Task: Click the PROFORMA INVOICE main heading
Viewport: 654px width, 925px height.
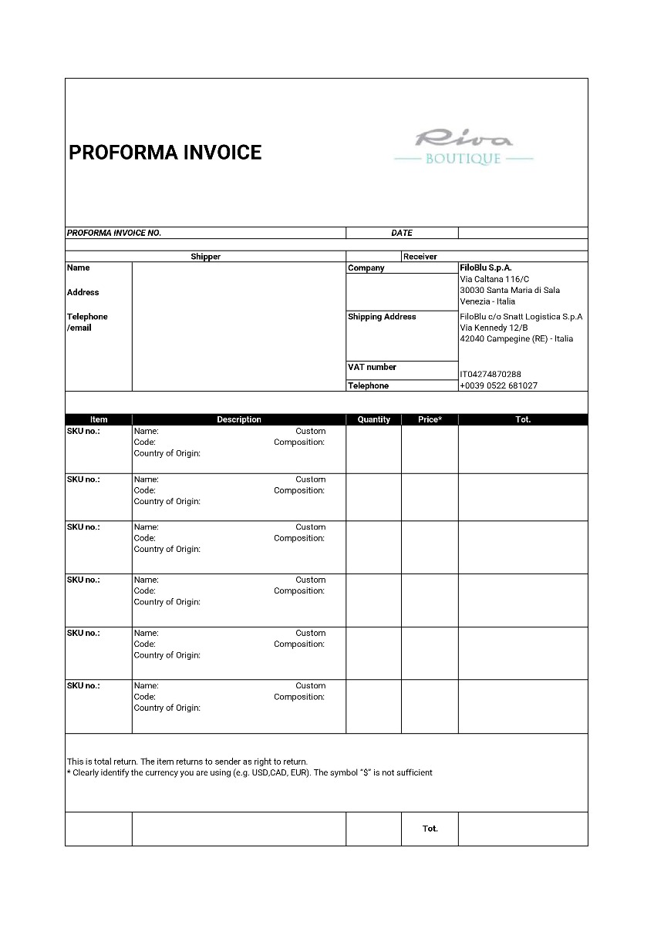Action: click(x=165, y=153)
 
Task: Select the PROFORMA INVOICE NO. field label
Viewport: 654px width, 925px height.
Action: click(x=114, y=233)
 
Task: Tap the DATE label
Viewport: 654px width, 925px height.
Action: click(x=402, y=233)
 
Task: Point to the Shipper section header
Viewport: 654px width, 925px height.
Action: click(x=205, y=257)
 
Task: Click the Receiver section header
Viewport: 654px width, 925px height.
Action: click(x=420, y=257)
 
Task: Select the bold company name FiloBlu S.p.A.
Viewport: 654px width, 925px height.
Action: click(x=486, y=267)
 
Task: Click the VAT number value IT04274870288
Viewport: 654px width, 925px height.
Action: click(x=490, y=375)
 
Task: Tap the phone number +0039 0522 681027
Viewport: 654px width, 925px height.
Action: click(x=498, y=385)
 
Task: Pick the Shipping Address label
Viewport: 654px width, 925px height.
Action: click(x=382, y=317)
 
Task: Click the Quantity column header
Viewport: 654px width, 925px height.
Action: click(x=374, y=420)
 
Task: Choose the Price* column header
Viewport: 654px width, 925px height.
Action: click(x=430, y=420)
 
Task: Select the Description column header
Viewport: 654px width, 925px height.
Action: click(x=239, y=420)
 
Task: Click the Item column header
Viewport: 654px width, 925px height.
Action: click(x=99, y=420)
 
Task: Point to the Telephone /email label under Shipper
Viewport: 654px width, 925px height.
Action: click(x=87, y=322)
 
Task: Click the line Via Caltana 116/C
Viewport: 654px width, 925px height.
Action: click(x=494, y=279)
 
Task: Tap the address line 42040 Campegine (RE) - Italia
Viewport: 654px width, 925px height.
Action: click(x=516, y=339)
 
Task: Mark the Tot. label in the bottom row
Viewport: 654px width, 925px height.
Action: click(x=430, y=829)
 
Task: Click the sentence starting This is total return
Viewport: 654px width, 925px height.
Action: click(x=187, y=762)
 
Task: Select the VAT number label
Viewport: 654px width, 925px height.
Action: click(x=372, y=367)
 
